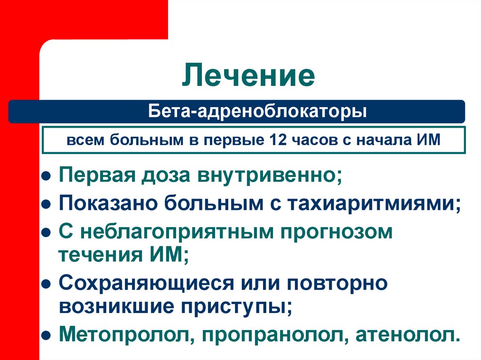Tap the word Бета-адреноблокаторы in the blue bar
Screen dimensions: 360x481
click(x=257, y=112)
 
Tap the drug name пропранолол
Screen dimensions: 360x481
click(x=274, y=335)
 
